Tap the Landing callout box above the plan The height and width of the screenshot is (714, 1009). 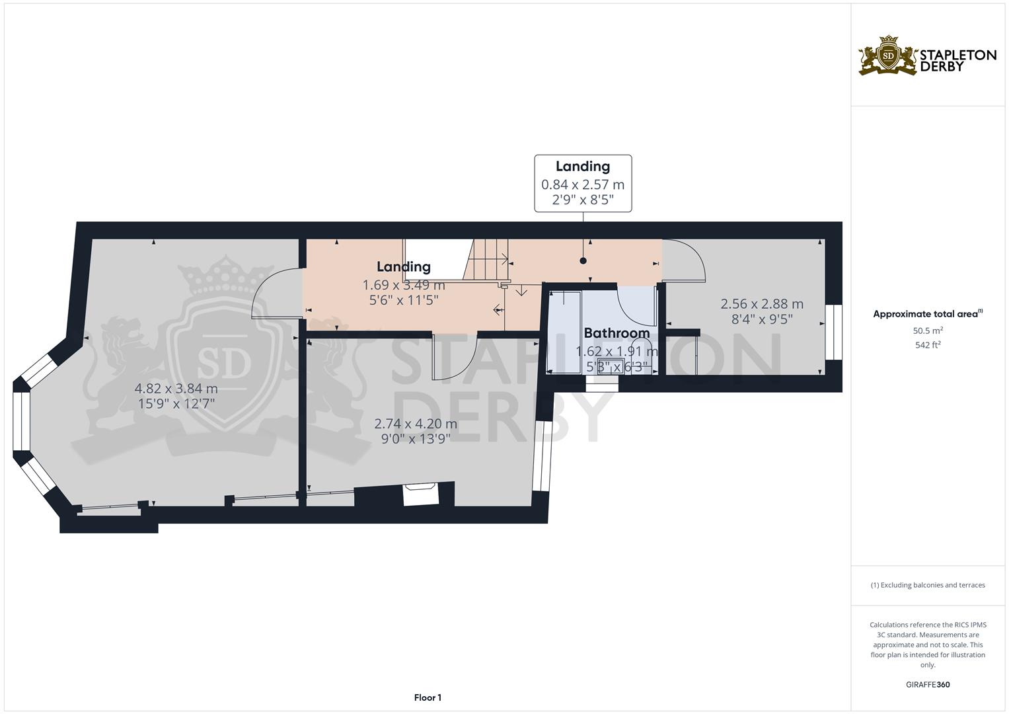pos(583,183)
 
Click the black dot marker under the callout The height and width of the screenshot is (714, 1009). pos(583,260)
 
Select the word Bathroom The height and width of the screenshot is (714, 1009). pos(617,333)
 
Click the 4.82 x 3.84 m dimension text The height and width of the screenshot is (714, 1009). pos(176,388)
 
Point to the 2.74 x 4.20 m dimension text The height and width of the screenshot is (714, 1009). pos(416,424)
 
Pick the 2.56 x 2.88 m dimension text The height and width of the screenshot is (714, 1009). pos(762,304)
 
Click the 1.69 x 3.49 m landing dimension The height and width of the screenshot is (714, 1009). pos(404,285)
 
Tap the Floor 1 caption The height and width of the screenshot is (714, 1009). pos(428,697)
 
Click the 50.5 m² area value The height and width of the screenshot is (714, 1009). pos(928,330)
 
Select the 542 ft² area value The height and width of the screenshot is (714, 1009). pos(928,345)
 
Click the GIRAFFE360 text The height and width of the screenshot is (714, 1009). pos(928,684)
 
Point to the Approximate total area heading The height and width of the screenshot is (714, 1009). pos(928,314)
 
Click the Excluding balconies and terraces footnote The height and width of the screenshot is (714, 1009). pos(928,585)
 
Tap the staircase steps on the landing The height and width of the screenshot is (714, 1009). pos(486,260)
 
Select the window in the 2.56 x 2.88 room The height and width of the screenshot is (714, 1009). pos(834,332)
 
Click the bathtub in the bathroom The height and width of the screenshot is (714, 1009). pos(565,332)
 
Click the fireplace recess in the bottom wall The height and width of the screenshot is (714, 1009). pos(420,495)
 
